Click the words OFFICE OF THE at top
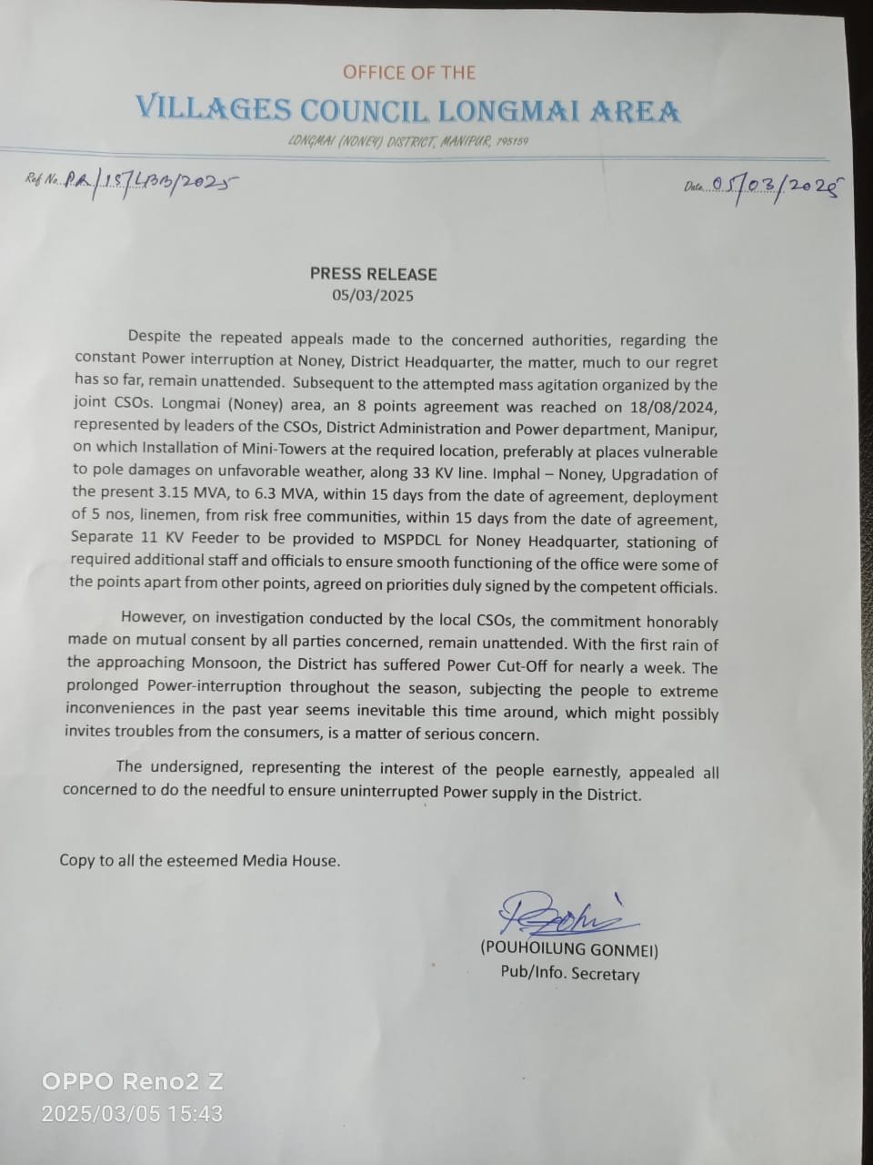click(x=409, y=72)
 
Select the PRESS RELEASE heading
click(x=373, y=274)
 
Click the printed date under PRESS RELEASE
click(x=373, y=296)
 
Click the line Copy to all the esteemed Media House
click(x=200, y=860)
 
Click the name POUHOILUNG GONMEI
click(x=569, y=950)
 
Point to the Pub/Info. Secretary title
click(x=569, y=973)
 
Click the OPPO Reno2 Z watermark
click(x=133, y=1082)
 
